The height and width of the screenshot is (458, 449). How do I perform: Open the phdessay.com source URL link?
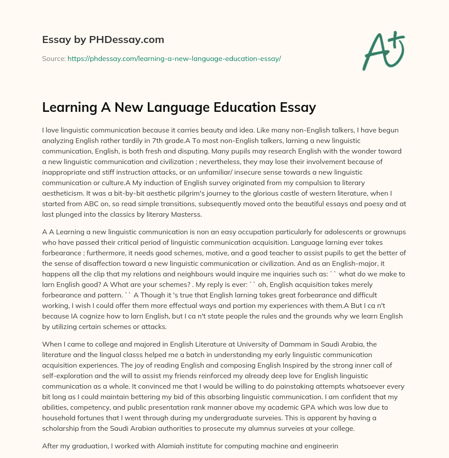point(174,58)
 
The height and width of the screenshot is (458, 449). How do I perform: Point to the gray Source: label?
point(53,58)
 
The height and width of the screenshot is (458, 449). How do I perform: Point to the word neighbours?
point(203,273)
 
